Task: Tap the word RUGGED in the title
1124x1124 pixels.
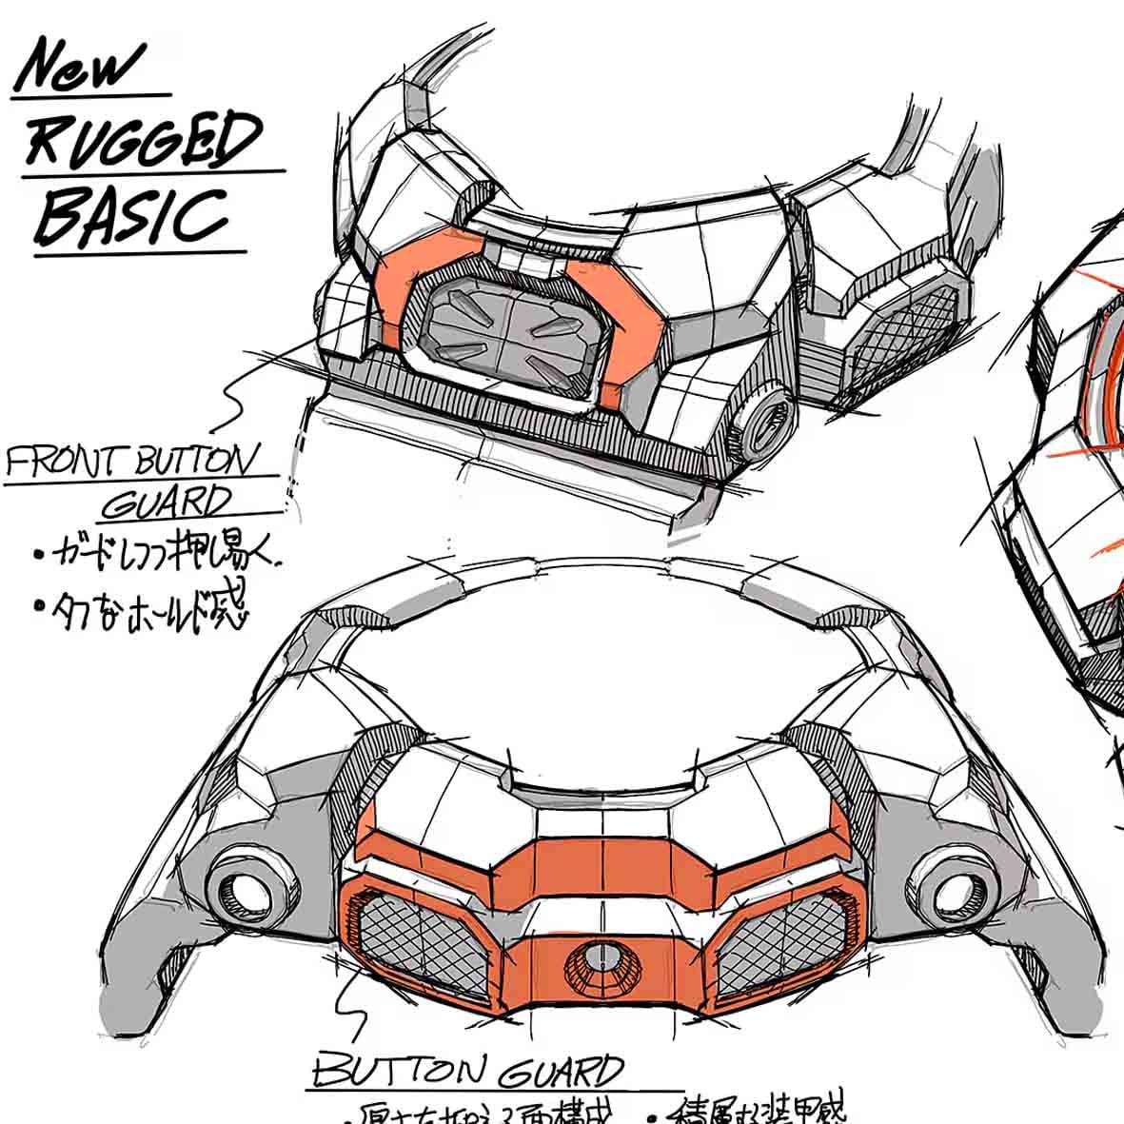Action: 143,139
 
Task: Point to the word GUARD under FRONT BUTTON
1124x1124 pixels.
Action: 168,503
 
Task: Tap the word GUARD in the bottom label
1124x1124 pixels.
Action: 561,1073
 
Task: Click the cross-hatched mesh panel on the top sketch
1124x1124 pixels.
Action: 904,333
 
